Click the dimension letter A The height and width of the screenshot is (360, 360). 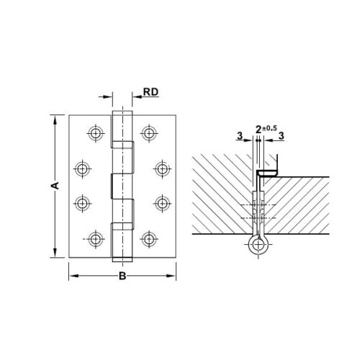point(54,186)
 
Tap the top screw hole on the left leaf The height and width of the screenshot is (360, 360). point(95,132)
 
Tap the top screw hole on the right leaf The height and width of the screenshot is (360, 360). point(149,132)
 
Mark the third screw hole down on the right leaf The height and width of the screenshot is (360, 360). point(161,203)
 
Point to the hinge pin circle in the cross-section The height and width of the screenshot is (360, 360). point(258,245)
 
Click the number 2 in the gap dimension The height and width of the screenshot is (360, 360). point(259,130)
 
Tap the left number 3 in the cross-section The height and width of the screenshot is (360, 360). point(238,135)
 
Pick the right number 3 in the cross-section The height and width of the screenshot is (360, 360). point(282,135)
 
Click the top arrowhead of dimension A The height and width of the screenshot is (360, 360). point(54,117)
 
